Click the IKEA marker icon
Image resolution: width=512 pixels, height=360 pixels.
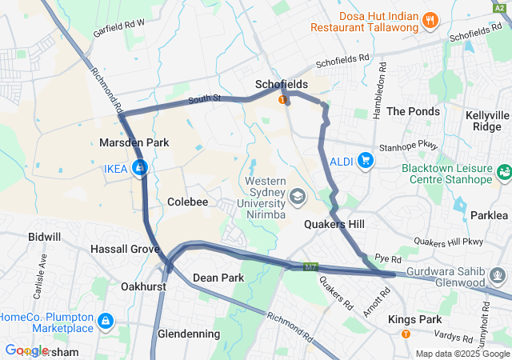[x=140, y=168]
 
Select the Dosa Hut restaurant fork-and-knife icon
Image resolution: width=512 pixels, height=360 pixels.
[x=430, y=20]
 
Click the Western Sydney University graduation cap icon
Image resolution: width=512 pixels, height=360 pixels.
[x=297, y=196]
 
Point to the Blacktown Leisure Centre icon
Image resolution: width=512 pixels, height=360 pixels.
[x=503, y=171]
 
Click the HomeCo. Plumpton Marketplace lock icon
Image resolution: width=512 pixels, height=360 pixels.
[x=104, y=322]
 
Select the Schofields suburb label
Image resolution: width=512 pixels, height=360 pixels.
[x=282, y=84]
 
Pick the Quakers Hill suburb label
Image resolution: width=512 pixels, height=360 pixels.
[x=334, y=225]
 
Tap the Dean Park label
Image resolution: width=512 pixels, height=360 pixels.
[x=218, y=278]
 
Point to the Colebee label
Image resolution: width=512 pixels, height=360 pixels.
[x=187, y=202]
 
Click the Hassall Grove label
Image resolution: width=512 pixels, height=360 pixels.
[x=125, y=250]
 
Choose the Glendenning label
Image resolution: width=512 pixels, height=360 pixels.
[x=189, y=334]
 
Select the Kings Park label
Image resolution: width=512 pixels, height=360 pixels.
[x=414, y=319]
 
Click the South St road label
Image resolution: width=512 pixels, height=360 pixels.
[x=204, y=100]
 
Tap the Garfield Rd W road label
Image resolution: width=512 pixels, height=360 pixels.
[x=118, y=25]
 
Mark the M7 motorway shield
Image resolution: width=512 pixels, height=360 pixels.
[x=312, y=265]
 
